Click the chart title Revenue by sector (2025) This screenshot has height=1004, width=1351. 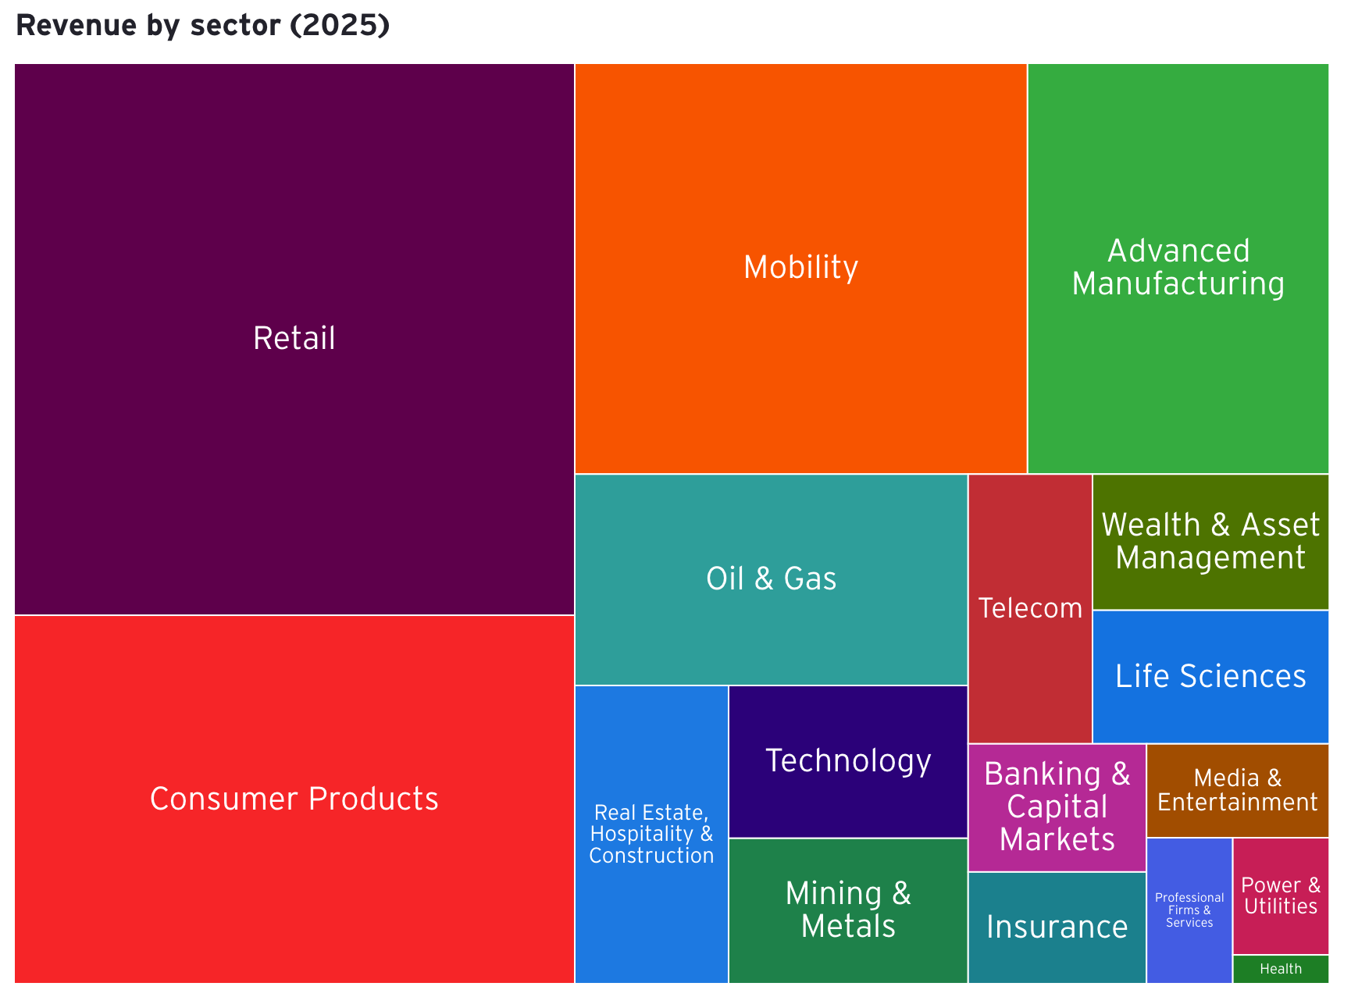(x=202, y=26)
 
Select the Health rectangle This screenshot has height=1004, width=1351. (x=1280, y=969)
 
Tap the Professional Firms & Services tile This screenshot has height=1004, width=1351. (x=1189, y=910)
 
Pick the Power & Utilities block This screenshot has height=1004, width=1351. (x=1280, y=895)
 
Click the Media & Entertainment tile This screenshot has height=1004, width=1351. (x=1237, y=790)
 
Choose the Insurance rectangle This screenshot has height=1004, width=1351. (x=1057, y=927)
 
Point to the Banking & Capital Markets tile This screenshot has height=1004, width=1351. (x=1057, y=807)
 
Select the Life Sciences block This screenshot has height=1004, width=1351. (x=1210, y=676)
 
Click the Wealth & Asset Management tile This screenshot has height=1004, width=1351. (x=1210, y=541)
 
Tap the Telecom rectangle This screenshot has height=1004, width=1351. (x=1029, y=608)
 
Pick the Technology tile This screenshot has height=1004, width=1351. (x=848, y=761)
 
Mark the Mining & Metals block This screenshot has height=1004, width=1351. (x=848, y=910)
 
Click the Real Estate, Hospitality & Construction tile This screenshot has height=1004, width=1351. (x=651, y=834)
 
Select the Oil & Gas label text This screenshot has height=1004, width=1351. (x=771, y=579)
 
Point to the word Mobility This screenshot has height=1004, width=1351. (x=800, y=267)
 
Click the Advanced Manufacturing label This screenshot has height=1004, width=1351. (x=1178, y=267)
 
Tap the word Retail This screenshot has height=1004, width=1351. (x=294, y=338)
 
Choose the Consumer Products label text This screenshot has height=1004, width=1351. (x=294, y=799)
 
